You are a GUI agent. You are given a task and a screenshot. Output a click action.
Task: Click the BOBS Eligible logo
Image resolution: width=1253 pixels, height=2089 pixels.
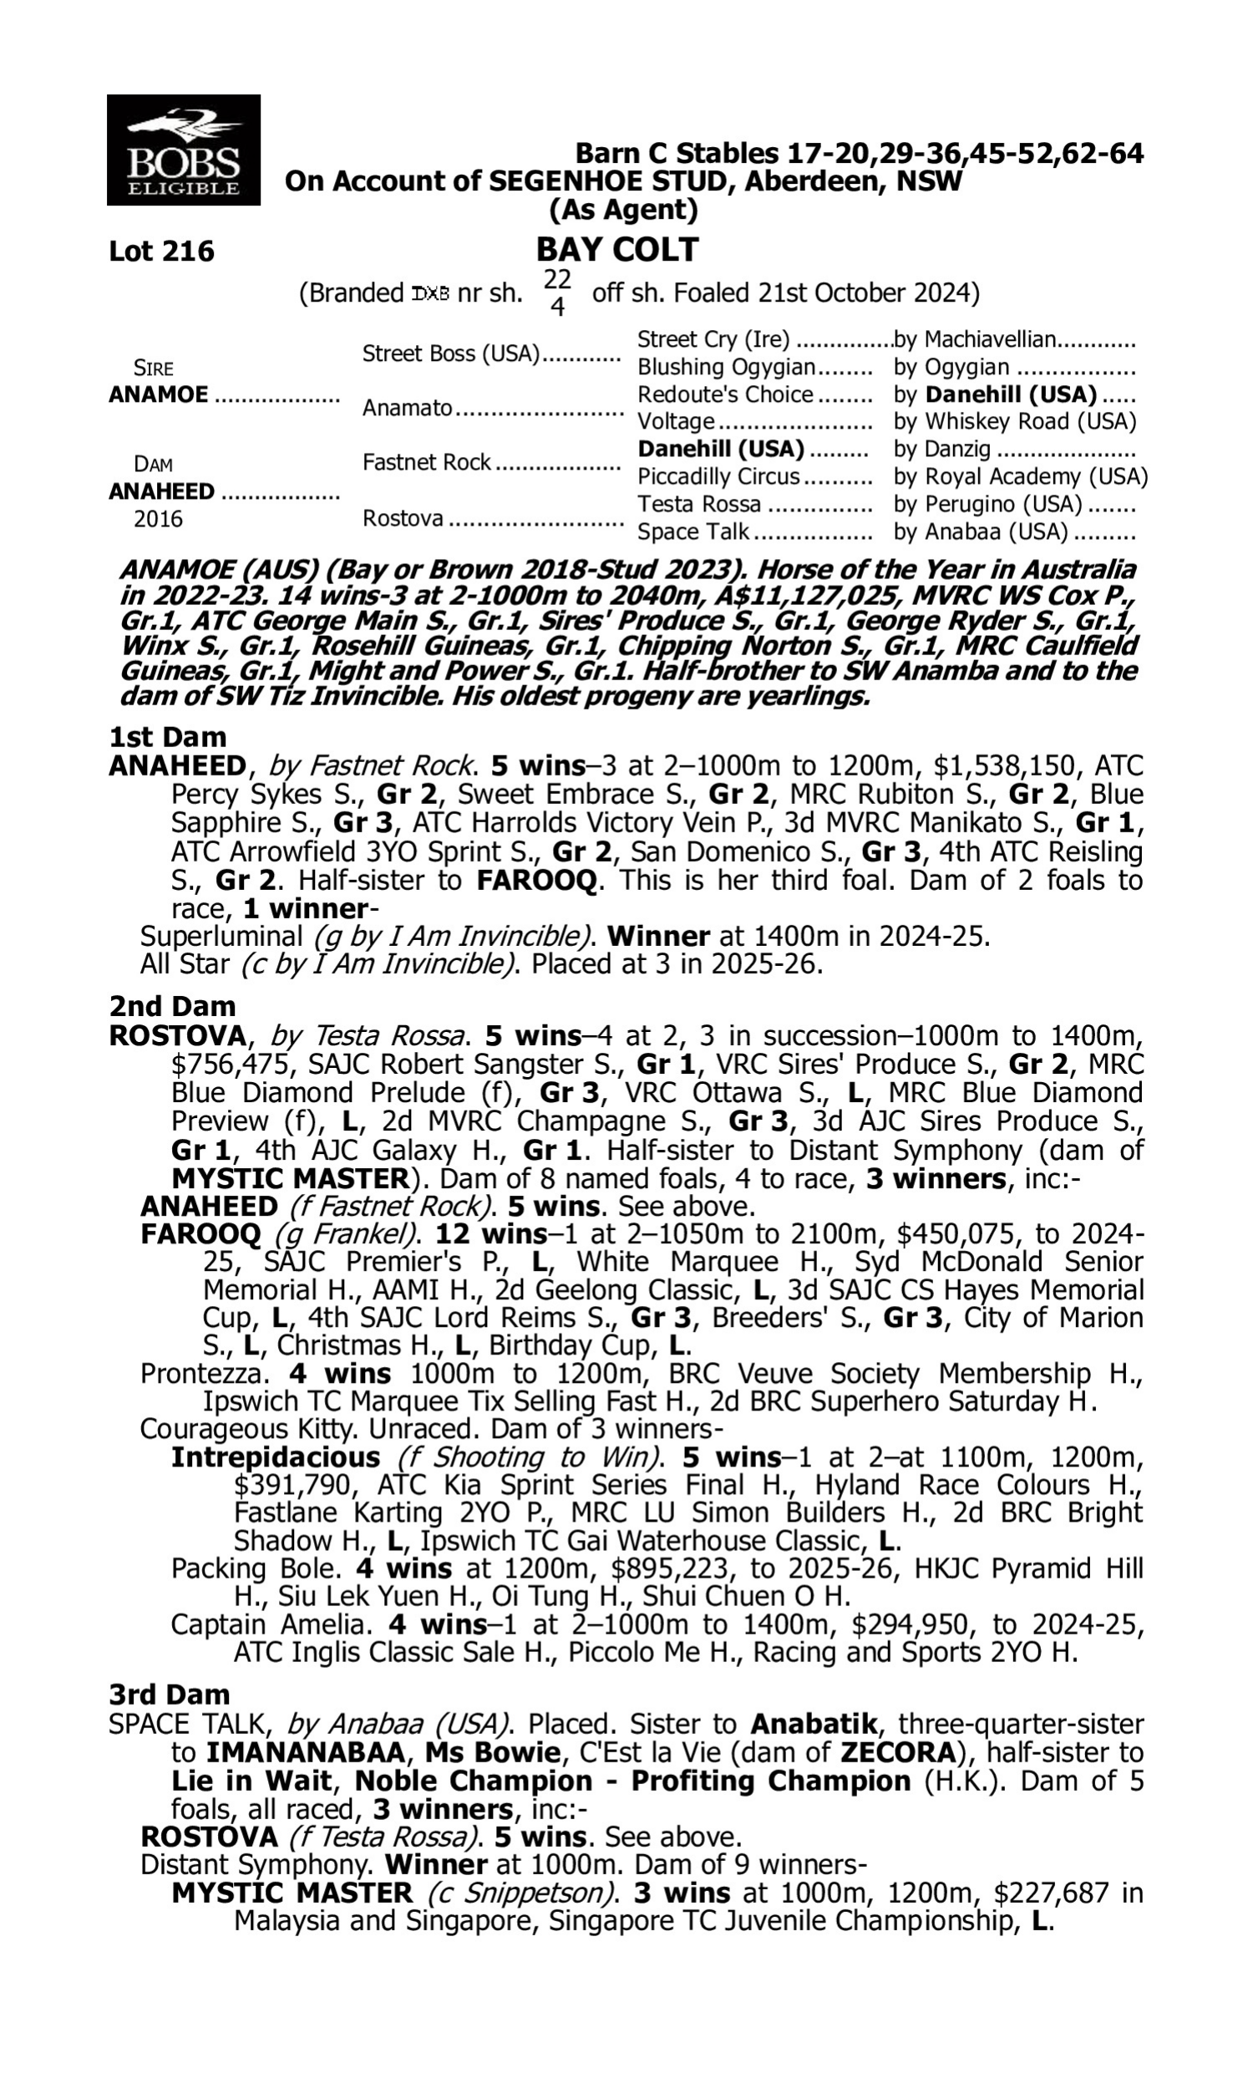(183, 150)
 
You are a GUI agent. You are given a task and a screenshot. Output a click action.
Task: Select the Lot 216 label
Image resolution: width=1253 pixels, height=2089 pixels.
(161, 251)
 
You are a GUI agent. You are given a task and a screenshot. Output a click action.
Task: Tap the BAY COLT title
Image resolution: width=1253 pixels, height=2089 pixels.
(617, 249)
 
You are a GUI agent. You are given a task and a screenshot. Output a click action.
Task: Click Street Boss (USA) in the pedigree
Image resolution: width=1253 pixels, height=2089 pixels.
(451, 353)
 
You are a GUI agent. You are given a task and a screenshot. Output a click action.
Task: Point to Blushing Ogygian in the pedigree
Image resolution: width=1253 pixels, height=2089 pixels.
(726, 368)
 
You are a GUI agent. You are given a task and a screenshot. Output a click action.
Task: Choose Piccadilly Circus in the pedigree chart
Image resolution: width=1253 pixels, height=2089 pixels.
(718, 476)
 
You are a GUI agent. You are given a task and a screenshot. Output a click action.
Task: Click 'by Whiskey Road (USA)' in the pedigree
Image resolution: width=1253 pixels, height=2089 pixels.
(1015, 421)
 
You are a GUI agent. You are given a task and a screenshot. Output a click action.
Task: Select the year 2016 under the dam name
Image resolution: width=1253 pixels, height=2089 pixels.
(158, 518)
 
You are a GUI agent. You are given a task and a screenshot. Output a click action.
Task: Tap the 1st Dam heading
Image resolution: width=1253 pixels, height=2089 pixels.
(167, 737)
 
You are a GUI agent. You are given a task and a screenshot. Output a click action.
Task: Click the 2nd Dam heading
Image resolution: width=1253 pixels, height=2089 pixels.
(171, 1007)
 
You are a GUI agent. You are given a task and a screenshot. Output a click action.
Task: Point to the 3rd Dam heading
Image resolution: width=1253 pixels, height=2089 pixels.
(169, 1695)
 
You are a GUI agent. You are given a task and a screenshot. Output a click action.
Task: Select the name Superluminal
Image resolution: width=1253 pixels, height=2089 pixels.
(221, 937)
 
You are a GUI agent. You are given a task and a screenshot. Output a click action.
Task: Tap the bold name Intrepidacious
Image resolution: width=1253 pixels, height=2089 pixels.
(276, 1457)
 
